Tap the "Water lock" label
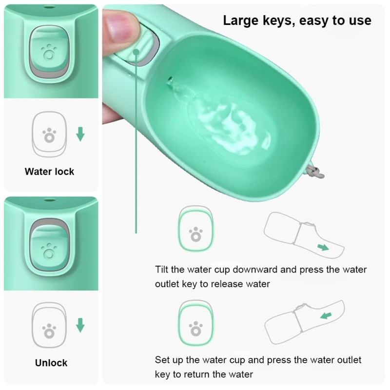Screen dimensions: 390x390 pos(49,172)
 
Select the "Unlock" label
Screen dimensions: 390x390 pos(51,363)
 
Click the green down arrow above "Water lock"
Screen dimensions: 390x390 pos(80,134)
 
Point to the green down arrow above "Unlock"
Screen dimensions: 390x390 pos(80,325)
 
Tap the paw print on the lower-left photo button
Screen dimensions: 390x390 pos(49,252)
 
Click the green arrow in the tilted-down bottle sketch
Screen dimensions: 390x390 pos(323,247)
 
